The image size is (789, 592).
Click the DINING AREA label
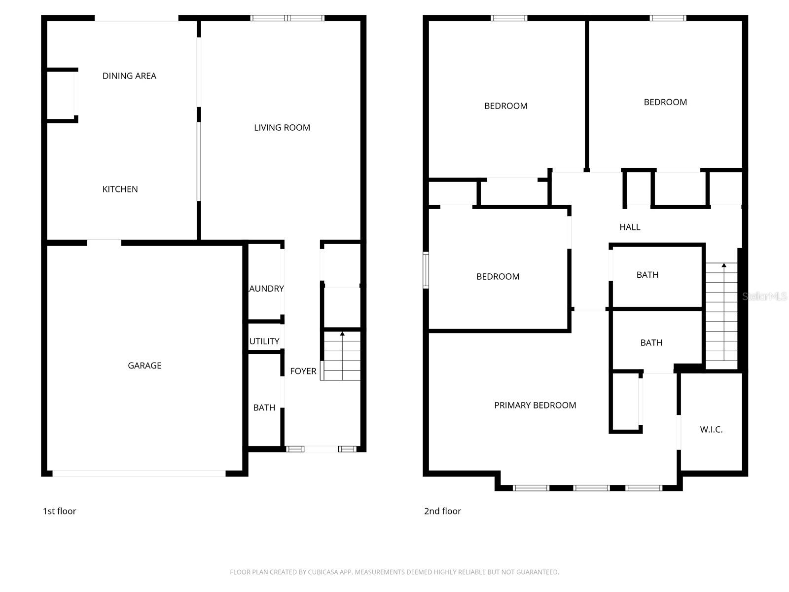tap(129, 76)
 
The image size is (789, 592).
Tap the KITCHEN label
tap(120, 189)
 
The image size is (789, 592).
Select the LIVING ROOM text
tap(282, 128)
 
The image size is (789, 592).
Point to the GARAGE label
tap(144, 366)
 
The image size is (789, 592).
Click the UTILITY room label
tap(264, 341)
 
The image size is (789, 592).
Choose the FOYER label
tap(303, 371)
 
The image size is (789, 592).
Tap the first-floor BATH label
tap(264, 408)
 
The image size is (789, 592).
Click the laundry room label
tap(266, 289)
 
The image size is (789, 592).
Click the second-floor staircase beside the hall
tap(722, 316)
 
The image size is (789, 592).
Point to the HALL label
tap(630, 227)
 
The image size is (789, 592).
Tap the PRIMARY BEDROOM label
tap(535, 406)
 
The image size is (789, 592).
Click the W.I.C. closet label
tap(711, 430)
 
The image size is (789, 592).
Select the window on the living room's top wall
tap(287, 18)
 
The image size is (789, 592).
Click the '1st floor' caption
tap(60, 511)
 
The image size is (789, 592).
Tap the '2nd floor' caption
tap(442, 511)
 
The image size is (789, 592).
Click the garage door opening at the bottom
tap(139, 474)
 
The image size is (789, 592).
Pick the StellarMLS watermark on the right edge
tap(765, 296)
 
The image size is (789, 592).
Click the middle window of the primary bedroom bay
tap(592, 488)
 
